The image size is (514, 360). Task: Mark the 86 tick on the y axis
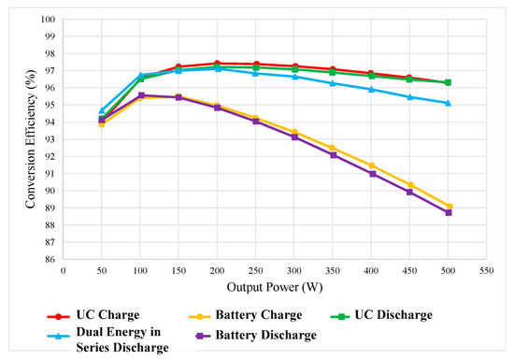coord(50,260)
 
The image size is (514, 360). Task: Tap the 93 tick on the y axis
coord(50,139)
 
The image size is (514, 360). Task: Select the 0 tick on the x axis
coord(63,271)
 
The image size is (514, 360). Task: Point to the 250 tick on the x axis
coord(255,271)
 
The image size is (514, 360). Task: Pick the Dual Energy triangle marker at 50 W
coord(102,110)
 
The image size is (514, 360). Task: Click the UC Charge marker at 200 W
coord(217,64)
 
